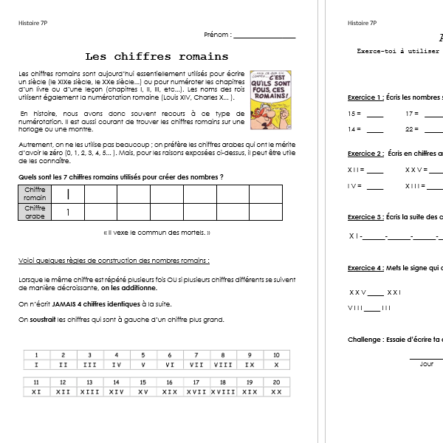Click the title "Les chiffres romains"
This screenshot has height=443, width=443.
coord(157,56)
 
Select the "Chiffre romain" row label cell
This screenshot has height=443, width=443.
coord(35,194)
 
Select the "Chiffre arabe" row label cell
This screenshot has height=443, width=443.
coord(35,213)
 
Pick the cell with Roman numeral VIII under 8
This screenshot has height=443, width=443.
coord(222,365)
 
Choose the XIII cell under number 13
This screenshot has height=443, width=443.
coord(89,392)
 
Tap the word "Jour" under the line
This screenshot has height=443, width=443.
coord(427,364)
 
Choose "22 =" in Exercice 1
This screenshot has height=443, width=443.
coord(412,129)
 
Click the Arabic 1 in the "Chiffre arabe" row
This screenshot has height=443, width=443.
coord(68,213)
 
